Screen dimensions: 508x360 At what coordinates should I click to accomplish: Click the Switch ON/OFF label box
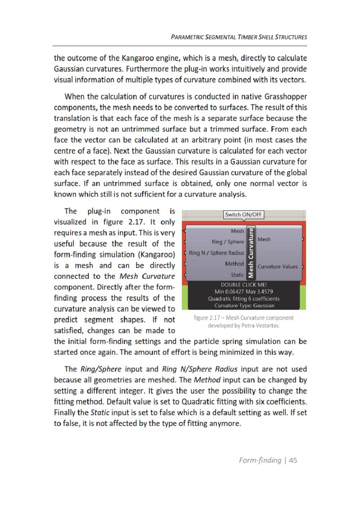(x=243, y=215)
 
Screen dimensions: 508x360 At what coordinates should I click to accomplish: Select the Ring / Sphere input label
(x=228, y=242)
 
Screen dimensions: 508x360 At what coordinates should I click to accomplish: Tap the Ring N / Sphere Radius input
(x=216, y=253)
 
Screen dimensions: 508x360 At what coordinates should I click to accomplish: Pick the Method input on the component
(x=234, y=264)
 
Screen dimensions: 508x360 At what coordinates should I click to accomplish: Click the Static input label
(x=237, y=275)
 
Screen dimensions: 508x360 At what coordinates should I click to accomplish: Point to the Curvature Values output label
(x=278, y=267)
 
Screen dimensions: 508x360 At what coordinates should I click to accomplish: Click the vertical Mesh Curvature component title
(x=251, y=253)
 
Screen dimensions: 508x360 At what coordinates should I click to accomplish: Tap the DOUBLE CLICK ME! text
(x=244, y=285)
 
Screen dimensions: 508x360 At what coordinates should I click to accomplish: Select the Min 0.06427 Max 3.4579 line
(x=244, y=292)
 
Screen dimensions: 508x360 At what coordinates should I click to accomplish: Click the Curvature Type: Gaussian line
(x=244, y=306)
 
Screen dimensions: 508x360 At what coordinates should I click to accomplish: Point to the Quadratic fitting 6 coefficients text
(x=244, y=299)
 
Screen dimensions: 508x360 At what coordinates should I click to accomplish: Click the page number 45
(x=293, y=460)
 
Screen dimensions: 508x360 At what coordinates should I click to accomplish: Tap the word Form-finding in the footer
(x=260, y=460)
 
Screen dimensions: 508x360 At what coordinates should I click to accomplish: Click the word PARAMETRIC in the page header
(x=187, y=37)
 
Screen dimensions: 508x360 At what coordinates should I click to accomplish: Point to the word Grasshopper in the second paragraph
(x=286, y=96)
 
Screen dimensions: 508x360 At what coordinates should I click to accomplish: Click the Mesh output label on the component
(x=264, y=239)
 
